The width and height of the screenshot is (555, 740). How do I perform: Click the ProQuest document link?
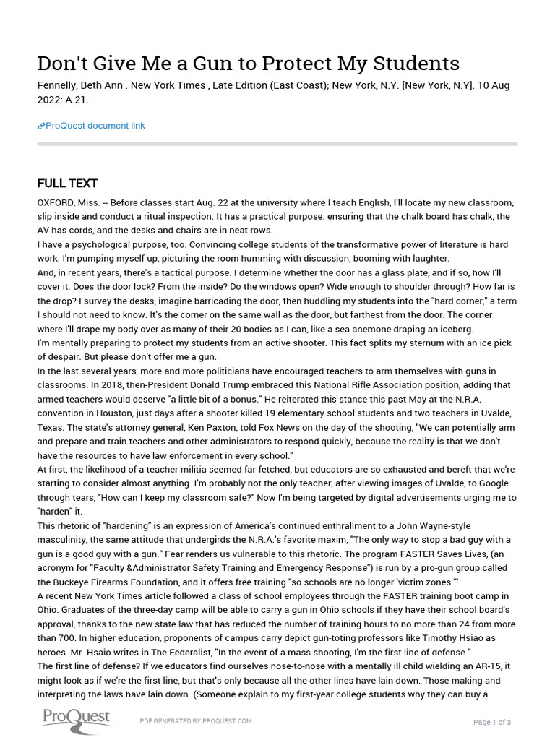pos(95,126)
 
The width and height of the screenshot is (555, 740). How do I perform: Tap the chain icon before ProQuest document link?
pos(41,126)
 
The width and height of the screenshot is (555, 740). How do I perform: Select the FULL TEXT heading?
pos(67,184)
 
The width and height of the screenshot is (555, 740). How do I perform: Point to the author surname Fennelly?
pos(59,85)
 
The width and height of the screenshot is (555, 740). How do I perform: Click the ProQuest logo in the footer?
pos(76,718)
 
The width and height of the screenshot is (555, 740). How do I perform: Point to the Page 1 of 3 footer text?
pos(492,722)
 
